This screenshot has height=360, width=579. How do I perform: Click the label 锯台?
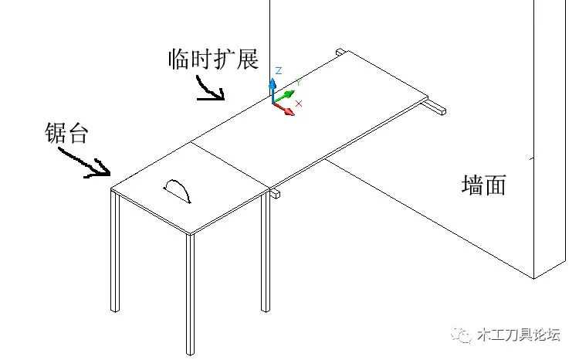pos(67,133)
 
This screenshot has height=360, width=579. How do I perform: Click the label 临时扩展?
pos(212,59)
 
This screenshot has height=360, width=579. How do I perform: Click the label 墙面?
pos(483,185)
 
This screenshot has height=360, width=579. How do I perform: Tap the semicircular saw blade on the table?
pos(180,189)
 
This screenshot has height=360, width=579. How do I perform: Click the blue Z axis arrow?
pos(272,84)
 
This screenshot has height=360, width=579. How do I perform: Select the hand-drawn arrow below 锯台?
pos(86,160)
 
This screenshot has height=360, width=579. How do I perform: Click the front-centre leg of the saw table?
pos(188,294)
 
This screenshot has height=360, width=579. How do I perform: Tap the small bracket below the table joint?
pos(275,194)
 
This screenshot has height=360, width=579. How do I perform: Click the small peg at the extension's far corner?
pos(340,52)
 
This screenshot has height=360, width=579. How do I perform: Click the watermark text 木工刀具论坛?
pos(520,335)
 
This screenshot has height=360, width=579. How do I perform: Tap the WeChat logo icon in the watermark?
pos(464,335)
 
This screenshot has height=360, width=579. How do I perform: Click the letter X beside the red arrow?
pos(299,104)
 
